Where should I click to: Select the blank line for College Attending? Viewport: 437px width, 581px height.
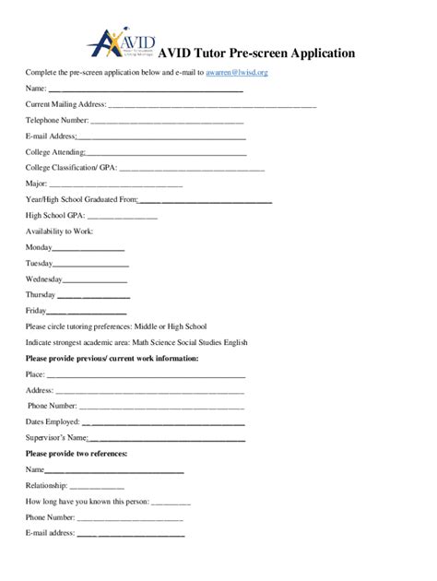166,153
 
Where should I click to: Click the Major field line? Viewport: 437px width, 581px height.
148,184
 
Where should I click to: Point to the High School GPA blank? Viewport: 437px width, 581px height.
123,216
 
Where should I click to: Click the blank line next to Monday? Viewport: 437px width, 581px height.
89,250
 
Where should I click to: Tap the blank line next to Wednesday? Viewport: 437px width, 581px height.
95,280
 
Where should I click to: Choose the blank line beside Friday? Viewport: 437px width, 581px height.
89,312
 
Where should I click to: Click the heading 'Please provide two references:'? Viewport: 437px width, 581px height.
77,454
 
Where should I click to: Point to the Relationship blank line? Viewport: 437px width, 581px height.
97,487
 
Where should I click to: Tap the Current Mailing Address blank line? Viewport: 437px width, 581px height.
212,106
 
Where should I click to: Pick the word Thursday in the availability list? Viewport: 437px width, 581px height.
41,295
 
